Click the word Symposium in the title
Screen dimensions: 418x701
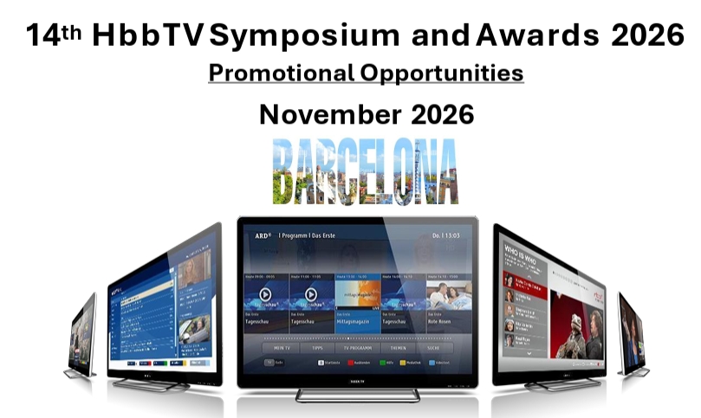click(295, 35)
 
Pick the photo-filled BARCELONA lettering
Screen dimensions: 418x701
click(365, 171)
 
